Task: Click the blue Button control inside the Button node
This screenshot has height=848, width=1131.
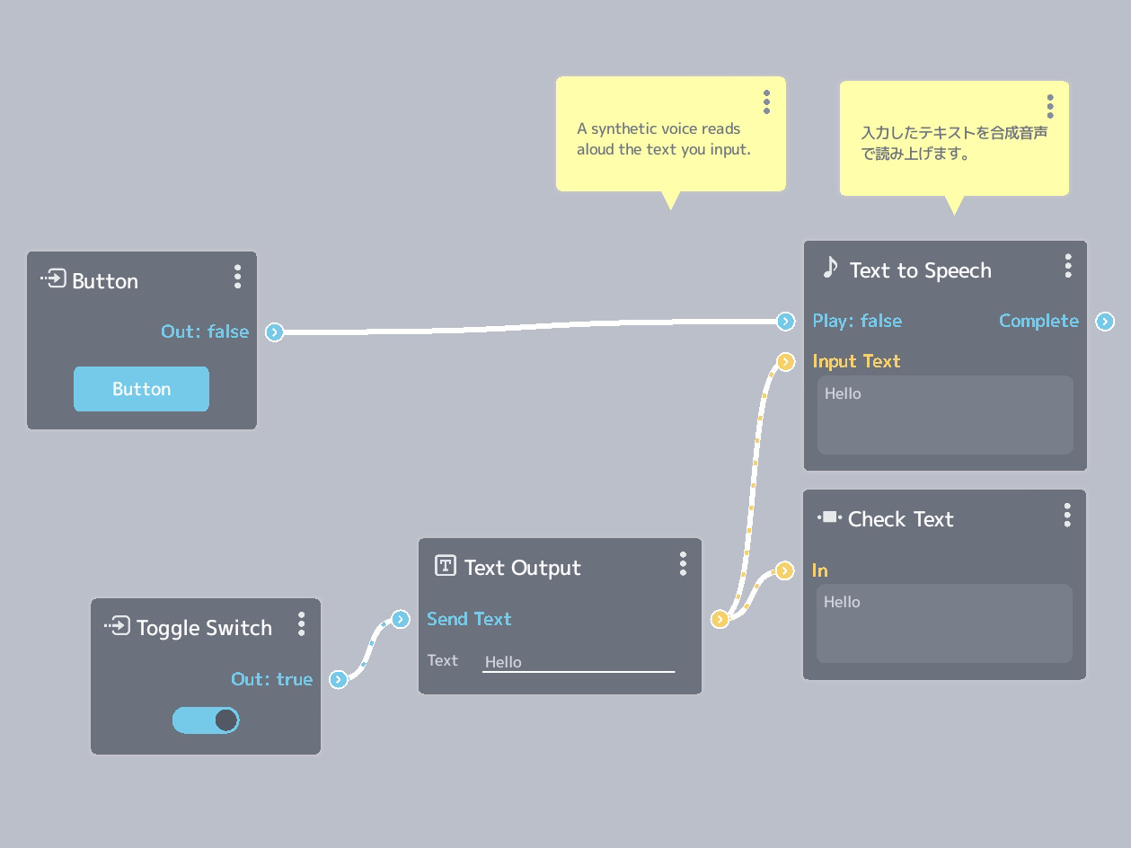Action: coord(141,389)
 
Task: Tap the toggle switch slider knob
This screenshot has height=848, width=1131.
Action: coord(225,720)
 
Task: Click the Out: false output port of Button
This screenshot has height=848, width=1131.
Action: coord(274,331)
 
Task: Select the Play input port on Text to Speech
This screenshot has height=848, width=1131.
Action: coord(785,322)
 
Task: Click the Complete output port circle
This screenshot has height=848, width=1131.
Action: coord(1105,322)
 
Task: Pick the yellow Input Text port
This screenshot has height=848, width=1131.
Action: coord(785,362)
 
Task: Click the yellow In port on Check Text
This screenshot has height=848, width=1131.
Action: coord(784,570)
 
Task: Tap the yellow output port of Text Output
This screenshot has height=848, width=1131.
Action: coord(720,619)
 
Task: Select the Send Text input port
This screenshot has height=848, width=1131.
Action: coord(401,619)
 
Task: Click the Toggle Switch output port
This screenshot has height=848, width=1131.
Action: coord(338,679)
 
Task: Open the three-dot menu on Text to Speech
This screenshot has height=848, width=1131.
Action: coord(1068,266)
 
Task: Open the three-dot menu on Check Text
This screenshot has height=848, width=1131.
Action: coord(1067,516)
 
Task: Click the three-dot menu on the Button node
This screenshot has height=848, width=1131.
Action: coord(237,277)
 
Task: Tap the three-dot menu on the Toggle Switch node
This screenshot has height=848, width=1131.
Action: coord(302,624)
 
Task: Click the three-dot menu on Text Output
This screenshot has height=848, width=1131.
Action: coord(683,564)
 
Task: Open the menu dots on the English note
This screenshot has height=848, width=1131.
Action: coord(766,102)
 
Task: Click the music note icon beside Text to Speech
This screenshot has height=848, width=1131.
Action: coord(829,268)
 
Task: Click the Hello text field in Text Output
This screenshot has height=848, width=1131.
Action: coord(579,662)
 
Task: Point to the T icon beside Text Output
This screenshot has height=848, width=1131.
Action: coord(446,565)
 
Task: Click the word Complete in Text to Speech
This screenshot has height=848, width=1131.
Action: coord(1038,321)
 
